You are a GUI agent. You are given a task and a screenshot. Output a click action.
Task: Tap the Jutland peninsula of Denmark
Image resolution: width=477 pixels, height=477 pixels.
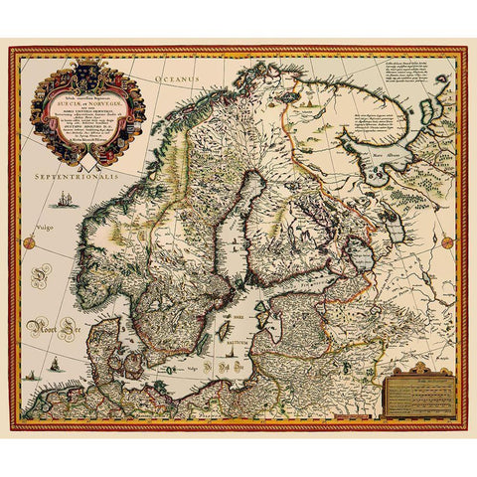pos(129,348)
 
